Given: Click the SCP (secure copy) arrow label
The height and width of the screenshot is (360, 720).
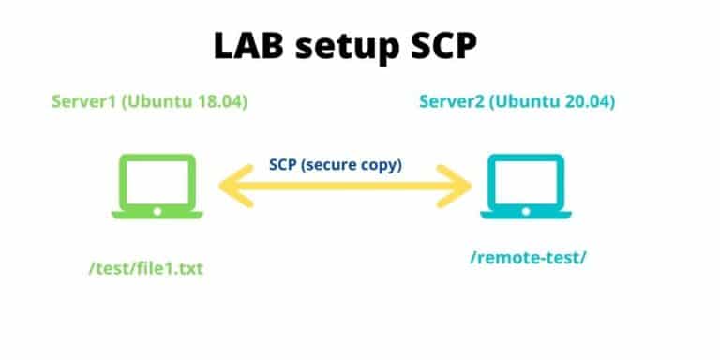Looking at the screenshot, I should pyautogui.click(x=348, y=164).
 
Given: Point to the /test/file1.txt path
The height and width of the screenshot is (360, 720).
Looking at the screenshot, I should pyautogui.click(x=145, y=269).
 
